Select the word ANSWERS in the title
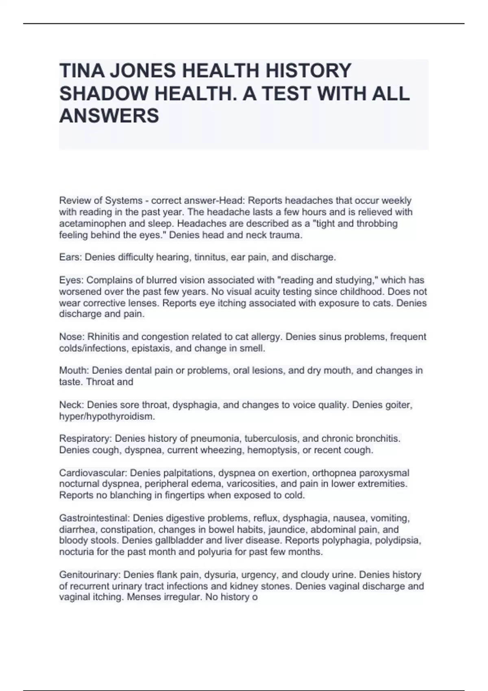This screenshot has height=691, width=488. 109,116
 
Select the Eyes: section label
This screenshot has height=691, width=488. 72,280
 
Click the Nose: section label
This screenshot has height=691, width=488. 72,337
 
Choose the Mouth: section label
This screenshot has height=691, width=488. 74,371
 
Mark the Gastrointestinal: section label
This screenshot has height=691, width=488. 94,518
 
